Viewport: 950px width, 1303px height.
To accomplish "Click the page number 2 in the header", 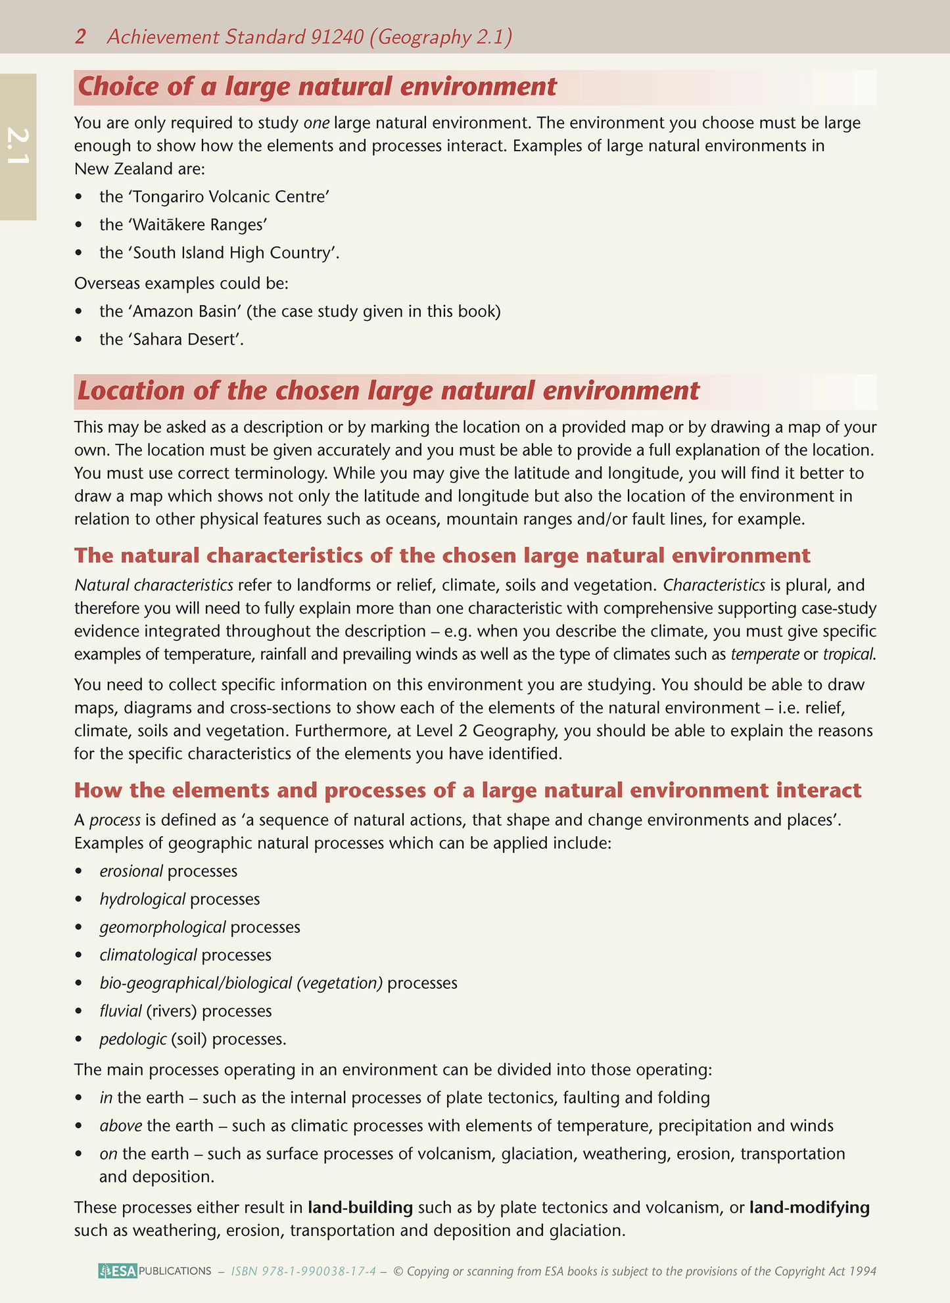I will pyautogui.click(x=80, y=37).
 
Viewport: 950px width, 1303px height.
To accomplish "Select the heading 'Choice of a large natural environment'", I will pyautogui.click(x=317, y=87).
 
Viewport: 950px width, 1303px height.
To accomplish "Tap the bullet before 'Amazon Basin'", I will pyautogui.click(x=80, y=312).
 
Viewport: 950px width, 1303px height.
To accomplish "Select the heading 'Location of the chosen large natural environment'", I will pyautogui.click(x=388, y=391).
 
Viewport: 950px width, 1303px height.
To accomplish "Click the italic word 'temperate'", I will pyautogui.click(x=765, y=654).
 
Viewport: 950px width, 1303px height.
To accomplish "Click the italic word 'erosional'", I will pyautogui.click(x=131, y=871).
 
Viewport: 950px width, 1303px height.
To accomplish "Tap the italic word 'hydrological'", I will pyautogui.click(x=142, y=899).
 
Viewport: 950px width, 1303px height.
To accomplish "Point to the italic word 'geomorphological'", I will pyautogui.click(x=162, y=928).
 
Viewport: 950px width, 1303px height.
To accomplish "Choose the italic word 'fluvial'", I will pyautogui.click(x=120, y=1011).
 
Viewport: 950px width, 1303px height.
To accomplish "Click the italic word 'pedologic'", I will pyautogui.click(x=133, y=1039).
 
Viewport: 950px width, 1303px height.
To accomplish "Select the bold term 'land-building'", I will pyautogui.click(x=360, y=1208).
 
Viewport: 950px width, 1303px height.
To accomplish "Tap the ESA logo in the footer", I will pyautogui.click(x=118, y=1271).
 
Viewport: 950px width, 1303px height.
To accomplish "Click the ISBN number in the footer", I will pyautogui.click(x=304, y=1271).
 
